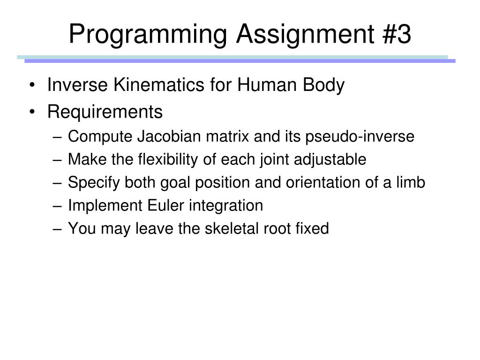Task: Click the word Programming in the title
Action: tap(148, 35)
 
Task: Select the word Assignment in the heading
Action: tap(305, 35)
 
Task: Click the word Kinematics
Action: tap(159, 84)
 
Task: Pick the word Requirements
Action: tap(105, 112)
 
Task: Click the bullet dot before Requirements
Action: tap(32, 112)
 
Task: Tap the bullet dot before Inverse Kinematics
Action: tap(32, 85)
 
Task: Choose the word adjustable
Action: tap(330, 159)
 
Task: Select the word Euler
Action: tap(165, 205)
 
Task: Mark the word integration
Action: tap(226, 206)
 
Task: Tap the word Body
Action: tap(323, 85)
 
